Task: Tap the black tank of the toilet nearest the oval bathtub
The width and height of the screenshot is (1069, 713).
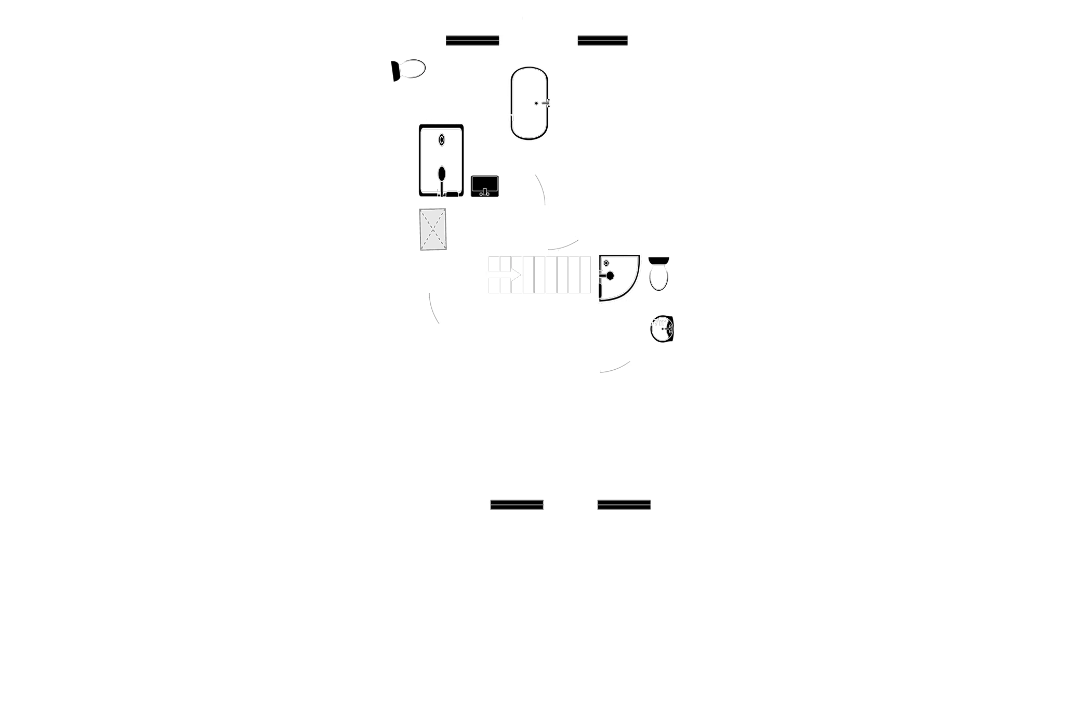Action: point(396,71)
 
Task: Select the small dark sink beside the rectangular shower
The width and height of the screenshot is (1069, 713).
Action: point(485,186)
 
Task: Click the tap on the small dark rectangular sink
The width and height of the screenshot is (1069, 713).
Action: point(485,193)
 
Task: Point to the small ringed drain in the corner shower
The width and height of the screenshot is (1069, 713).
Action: point(606,264)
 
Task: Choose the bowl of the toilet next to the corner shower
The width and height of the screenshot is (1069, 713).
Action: point(659,278)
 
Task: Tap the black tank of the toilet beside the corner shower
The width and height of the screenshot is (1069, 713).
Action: point(659,260)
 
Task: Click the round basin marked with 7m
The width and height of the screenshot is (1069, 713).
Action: point(662,329)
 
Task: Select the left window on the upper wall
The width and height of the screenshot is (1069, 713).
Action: point(472,40)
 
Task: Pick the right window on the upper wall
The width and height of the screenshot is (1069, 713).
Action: point(602,40)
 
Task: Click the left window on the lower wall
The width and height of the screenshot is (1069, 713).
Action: point(517,505)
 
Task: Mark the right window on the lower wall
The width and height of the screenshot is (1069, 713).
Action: point(624,505)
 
